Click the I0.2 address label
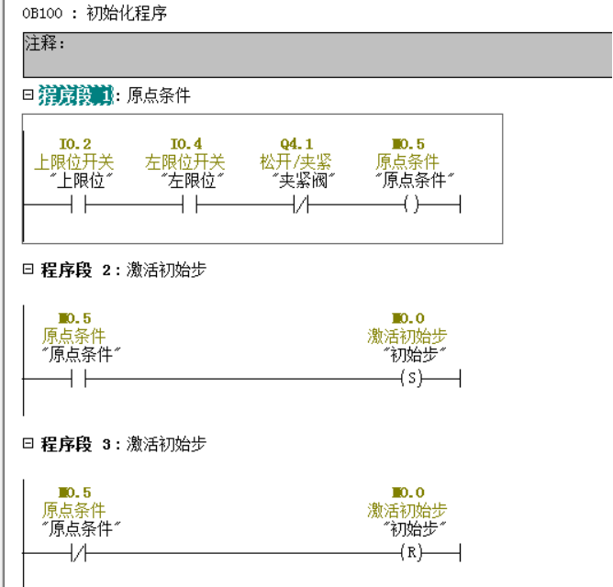[74, 144]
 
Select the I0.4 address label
[186, 144]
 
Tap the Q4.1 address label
[296, 144]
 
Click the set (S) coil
[410, 378]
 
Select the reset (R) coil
[410, 553]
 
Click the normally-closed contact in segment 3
[77, 553]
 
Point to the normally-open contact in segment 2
[77, 378]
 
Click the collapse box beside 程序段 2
[28, 270]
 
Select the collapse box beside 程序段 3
[28, 444]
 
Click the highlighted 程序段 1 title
[75, 95]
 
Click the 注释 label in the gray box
[44, 43]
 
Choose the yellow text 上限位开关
[74, 162]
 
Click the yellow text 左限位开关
[185, 162]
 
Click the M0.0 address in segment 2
[408, 318]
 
